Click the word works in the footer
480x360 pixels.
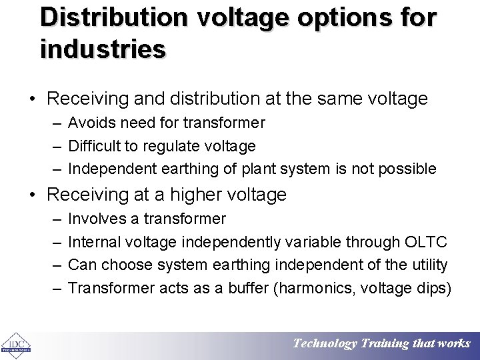[x=453, y=344]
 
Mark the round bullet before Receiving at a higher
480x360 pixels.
[x=34, y=195]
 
